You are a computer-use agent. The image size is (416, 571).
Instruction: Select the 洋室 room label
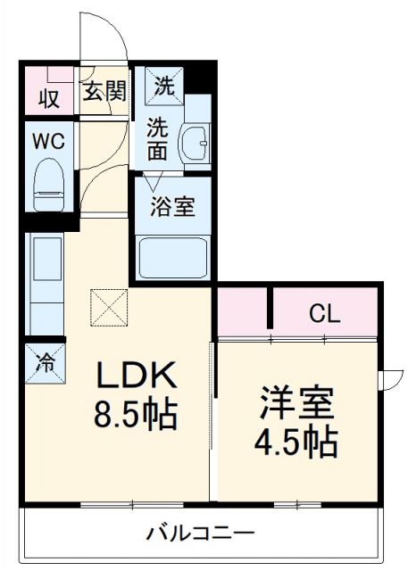297,403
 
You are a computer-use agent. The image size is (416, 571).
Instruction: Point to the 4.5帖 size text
297,440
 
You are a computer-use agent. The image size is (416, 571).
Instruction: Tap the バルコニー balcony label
201,534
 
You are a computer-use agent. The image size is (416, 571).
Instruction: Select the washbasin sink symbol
194,142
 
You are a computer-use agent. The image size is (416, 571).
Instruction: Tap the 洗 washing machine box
163,87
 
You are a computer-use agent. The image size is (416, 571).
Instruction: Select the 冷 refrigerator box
44,364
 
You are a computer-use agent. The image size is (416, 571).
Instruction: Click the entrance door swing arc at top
105,36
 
